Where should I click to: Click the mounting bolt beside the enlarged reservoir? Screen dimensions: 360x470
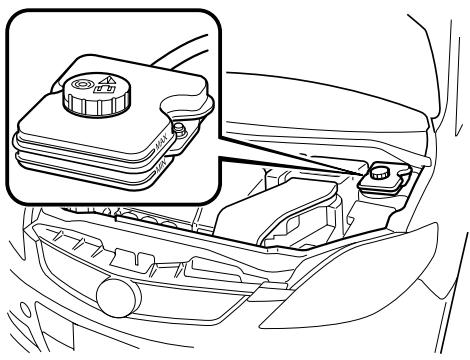pyautogui.click(x=179, y=127)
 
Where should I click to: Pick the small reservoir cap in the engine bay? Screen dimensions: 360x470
pyautogui.click(x=379, y=172)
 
